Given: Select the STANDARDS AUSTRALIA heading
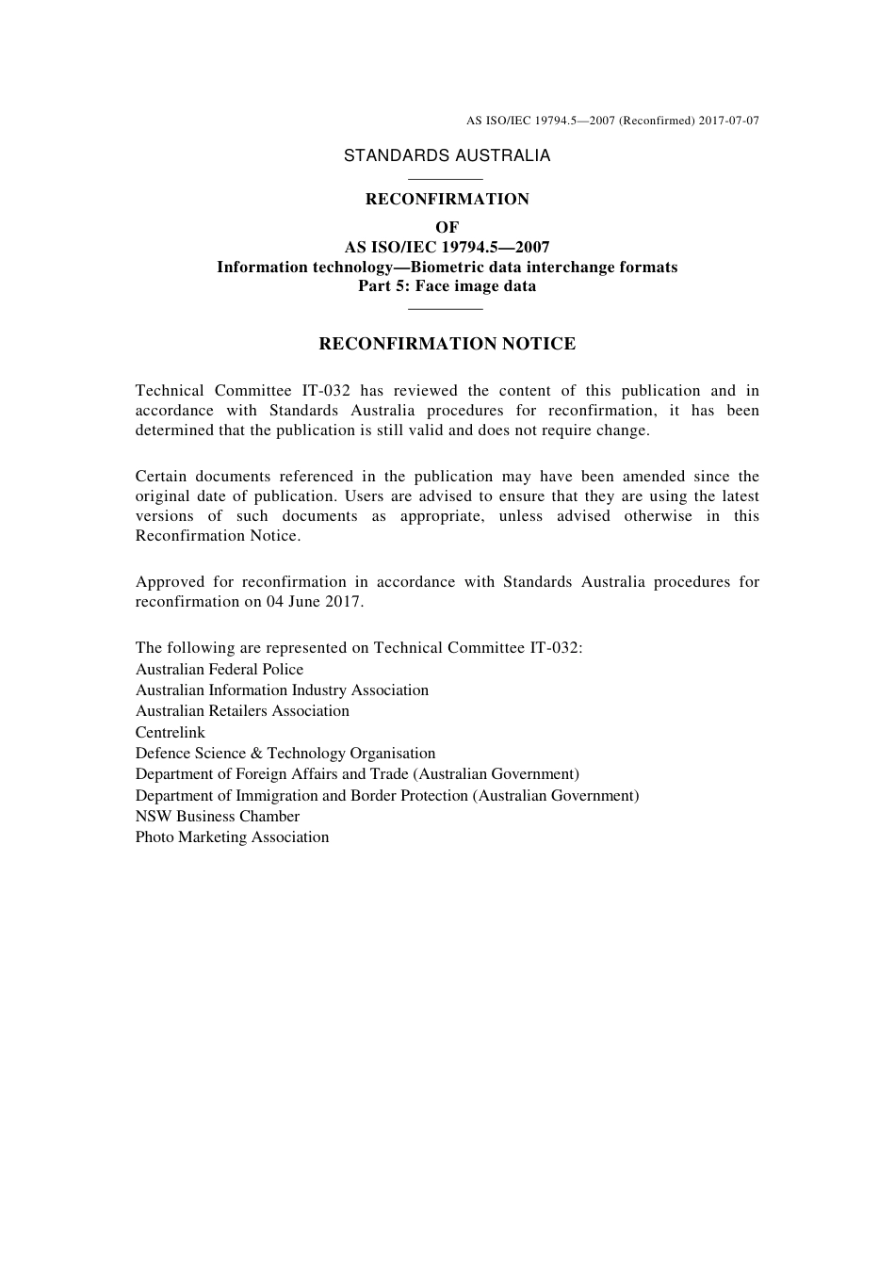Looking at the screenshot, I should coord(447,156).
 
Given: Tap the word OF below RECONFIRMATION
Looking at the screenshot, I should coord(447,227).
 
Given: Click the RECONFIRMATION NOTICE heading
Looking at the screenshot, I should coord(447,344).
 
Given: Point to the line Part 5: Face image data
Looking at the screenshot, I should coord(447,286).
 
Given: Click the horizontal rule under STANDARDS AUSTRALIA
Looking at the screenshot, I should coord(447,179).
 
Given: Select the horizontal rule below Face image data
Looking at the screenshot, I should coord(447,308).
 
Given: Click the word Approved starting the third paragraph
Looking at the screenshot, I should coord(170,582).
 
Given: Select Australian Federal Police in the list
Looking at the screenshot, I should coord(220,670).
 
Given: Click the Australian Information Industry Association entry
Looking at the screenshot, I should coord(282,690).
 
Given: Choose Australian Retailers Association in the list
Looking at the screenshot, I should coord(242,711).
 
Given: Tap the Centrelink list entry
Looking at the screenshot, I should coord(170,733).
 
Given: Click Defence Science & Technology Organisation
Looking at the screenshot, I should coord(285,754).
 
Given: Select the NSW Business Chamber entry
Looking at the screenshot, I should coord(218,817).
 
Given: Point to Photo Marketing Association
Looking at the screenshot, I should coord(232,837).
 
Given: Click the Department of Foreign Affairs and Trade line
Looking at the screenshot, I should coord(357,774).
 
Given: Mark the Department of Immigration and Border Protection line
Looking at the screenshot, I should coord(387,796).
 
